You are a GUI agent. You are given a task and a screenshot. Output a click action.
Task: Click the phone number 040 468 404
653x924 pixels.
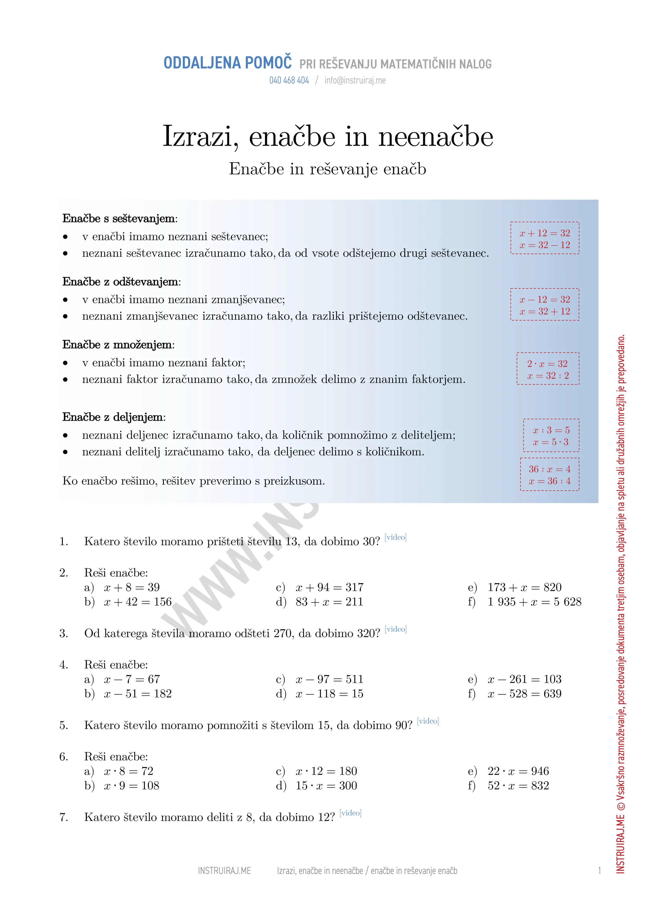tap(289, 81)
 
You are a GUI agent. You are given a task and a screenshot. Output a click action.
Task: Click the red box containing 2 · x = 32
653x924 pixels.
tap(548, 369)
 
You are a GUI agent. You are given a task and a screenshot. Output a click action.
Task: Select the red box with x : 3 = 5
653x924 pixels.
tap(551, 436)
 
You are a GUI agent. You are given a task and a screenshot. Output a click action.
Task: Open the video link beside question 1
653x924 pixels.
tap(395, 537)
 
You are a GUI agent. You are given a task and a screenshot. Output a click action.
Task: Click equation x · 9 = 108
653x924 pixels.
tap(131, 785)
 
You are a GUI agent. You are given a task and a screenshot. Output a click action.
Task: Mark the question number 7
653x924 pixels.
tap(63, 817)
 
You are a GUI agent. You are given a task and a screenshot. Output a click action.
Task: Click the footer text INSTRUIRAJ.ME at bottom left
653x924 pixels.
tap(224, 871)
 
